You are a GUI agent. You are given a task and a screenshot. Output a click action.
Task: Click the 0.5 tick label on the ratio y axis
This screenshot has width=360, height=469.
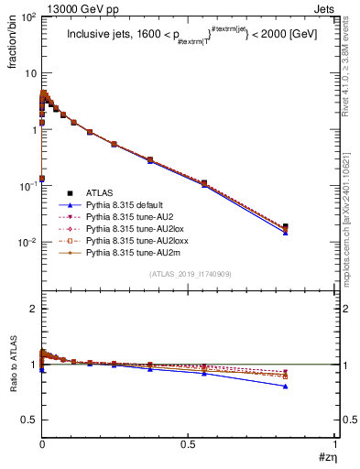(x=27, y=420)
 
